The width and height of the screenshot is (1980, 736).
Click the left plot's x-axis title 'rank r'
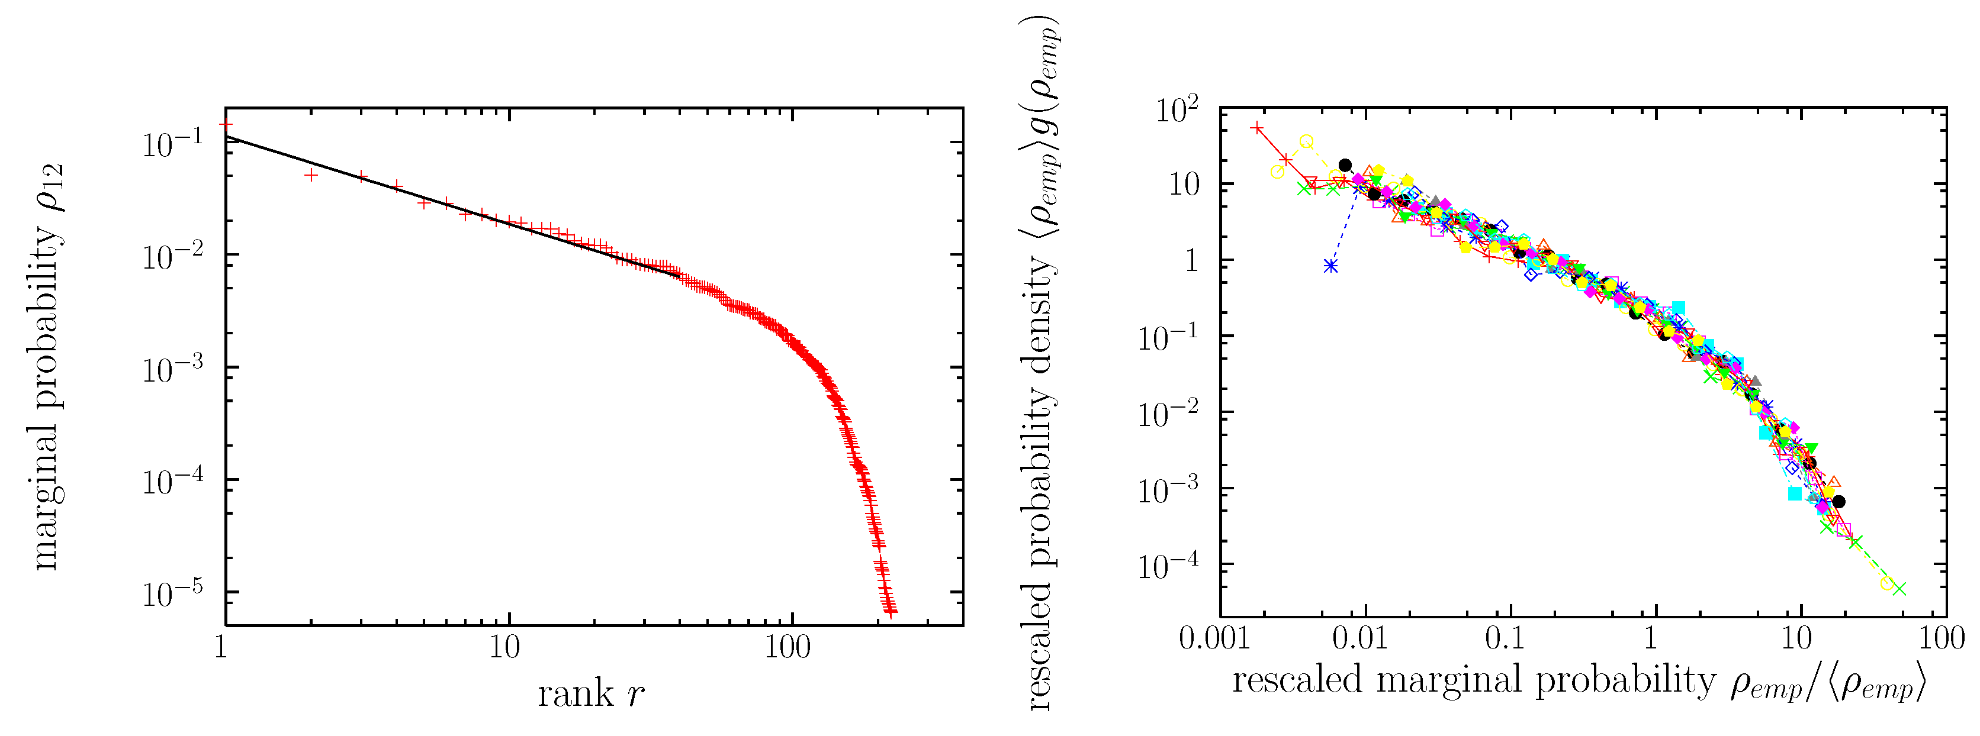click(x=590, y=694)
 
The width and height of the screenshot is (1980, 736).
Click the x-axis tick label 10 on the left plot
click(x=504, y=648)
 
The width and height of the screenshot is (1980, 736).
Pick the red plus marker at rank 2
click(x=310, y=175)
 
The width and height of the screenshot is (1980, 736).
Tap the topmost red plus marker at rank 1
click(x=225, y=124)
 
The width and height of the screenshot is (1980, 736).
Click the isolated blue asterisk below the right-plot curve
click(x=1330, y=266)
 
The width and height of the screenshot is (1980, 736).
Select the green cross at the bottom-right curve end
click(x=1899, y=589)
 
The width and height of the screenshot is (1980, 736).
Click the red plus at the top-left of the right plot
click(x=1256, y=128)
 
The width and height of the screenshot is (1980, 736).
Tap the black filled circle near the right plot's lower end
click(x=1838, y=502)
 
